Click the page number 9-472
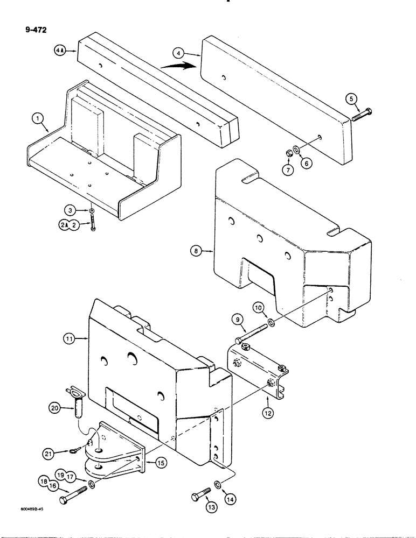tap(36, 30)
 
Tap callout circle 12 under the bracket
tap(268, 413)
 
